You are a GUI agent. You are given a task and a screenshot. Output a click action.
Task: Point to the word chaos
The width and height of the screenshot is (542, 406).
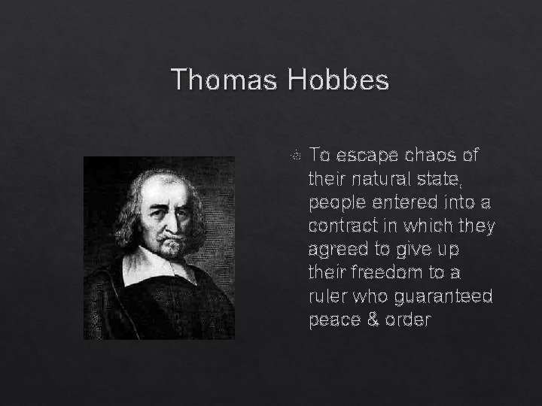(434, 156)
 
